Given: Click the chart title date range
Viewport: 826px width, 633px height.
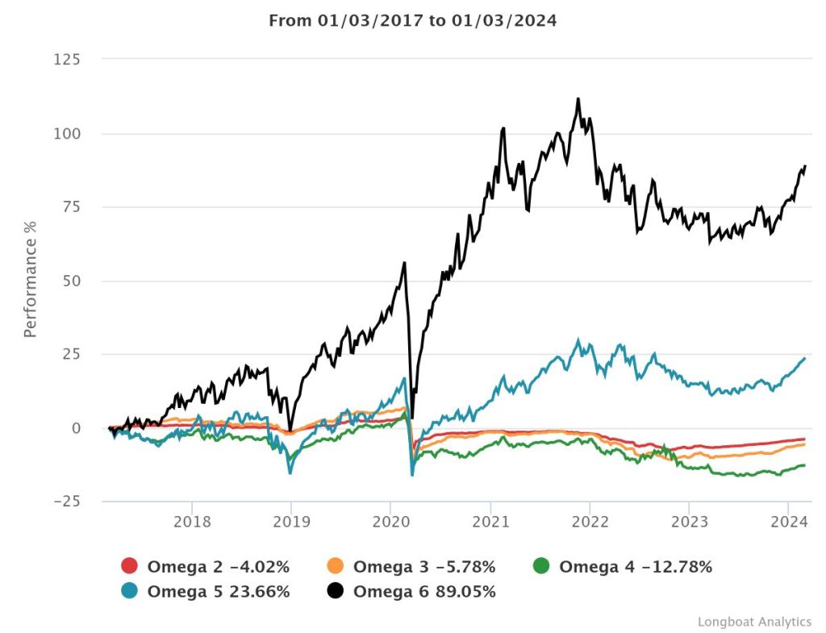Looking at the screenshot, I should pos(412,20).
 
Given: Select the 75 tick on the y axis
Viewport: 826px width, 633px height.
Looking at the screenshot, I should pos(71,207).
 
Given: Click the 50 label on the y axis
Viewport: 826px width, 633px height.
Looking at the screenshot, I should pos(71,281).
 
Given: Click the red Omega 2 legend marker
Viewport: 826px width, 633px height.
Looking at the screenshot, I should pos(130,567).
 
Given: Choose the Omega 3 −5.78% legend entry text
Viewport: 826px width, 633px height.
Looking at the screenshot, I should pos(423,567).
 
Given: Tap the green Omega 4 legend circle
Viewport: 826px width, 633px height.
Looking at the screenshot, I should pos(541,567).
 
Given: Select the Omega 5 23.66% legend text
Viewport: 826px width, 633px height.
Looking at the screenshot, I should pos(218,592).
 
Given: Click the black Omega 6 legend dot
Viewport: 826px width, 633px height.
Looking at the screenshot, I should pos(336,592).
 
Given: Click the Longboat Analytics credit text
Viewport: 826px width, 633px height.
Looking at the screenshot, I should pos(754,621).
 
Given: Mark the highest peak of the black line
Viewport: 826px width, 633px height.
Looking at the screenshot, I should pos(578,99).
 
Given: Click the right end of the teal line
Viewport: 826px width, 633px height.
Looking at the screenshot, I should pos(804,358).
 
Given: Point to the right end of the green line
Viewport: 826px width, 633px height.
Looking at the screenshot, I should pos(804,464).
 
